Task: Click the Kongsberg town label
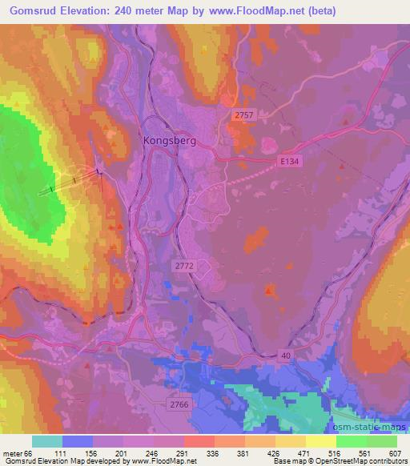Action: (169, 138)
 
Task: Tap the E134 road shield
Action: (289, 161)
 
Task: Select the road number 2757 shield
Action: (244, 116)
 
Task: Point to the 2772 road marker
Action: (183, 263)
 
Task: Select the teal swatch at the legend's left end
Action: (46, 441)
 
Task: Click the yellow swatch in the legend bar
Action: (320, 441)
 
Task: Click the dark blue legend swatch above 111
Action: (77, 441)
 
